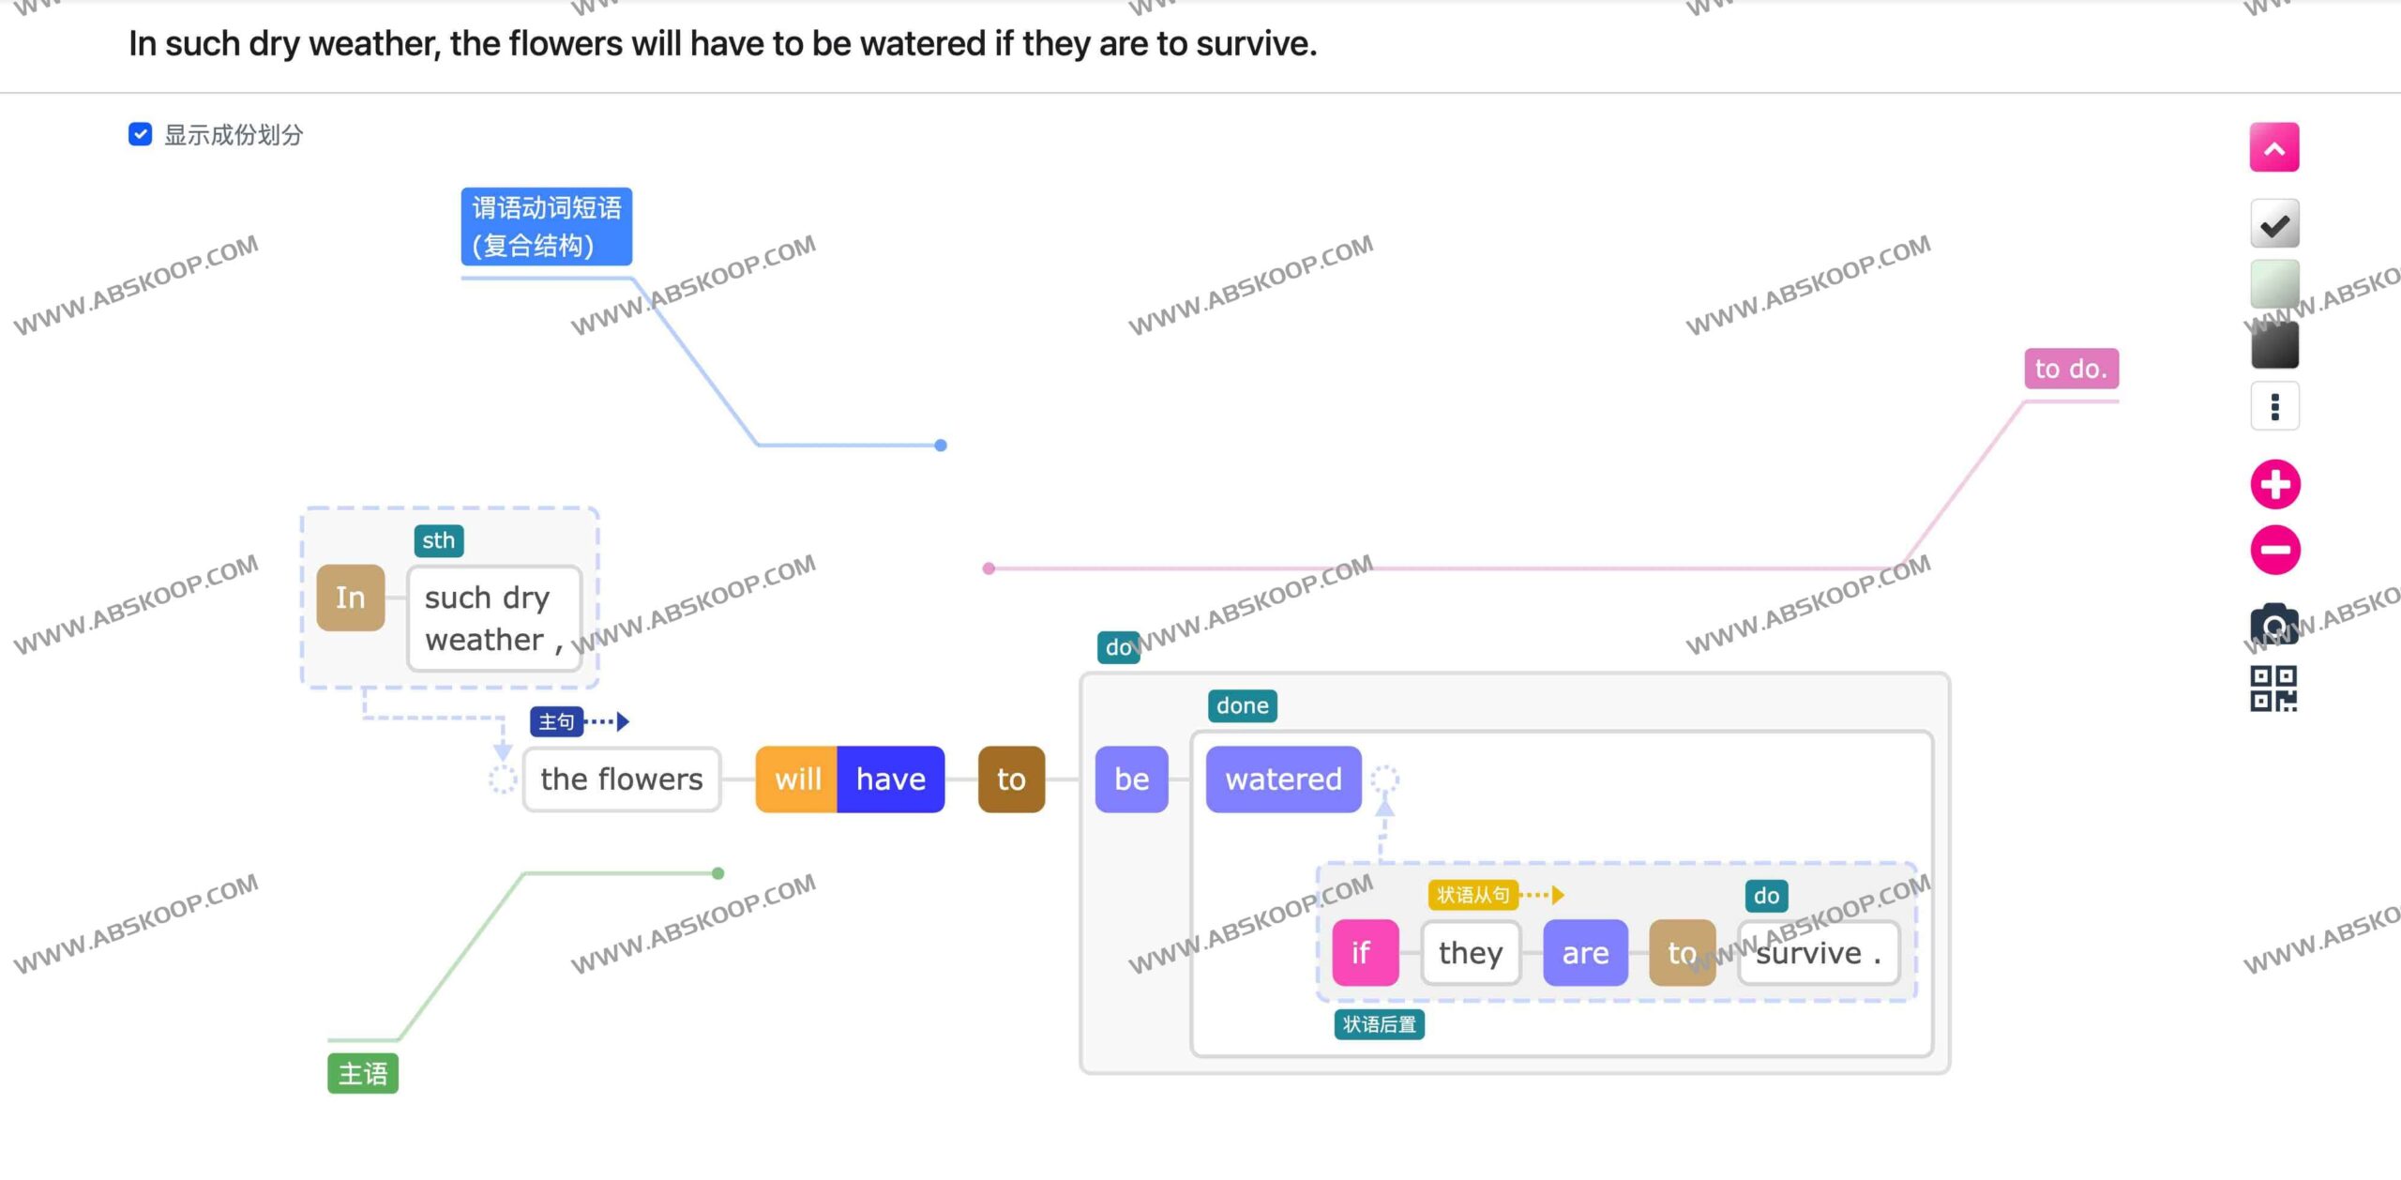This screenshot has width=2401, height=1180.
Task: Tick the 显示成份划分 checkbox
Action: click(x=140, y=134)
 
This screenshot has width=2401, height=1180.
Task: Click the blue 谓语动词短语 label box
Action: click(x=546, y=226)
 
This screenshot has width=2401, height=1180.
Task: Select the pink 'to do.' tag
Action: click(x=2071, y=369)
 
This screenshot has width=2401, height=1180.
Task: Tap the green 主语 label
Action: click(x=363, y=1073)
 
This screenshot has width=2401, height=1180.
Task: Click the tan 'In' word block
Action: click(x=351, y=598)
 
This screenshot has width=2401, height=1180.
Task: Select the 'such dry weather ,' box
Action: click(x=494, y=618)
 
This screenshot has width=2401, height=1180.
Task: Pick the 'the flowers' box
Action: click(x=622, y=779)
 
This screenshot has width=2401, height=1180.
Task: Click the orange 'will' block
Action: click(x=797, y=779)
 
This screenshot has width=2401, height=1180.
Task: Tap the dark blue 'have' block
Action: click(x=891, y=779)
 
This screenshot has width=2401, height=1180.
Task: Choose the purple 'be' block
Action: click(x=1132, y=779)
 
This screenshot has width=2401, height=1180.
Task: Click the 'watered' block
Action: click(x=1283, y=779)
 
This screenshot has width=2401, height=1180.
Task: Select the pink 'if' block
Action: click(x=1366, y=952)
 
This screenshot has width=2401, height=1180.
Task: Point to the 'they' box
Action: click(x=1471, y=952)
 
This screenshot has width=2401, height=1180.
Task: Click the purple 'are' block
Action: click(x=1585, y=952)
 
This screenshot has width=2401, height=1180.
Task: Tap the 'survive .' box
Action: click(x=1819, y=952)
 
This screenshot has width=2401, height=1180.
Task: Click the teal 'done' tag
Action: click(x=1242, y=705)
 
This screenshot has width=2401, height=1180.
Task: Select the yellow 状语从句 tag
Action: click(x=1472, y=895)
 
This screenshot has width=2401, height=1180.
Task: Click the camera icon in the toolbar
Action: click(x=2274, y=623)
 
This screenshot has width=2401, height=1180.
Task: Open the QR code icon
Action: click(x=2273, y=688)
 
